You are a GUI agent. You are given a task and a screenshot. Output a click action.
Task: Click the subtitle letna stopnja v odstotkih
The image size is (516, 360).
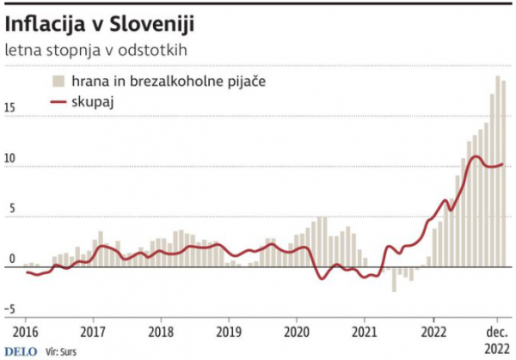coord(95,51)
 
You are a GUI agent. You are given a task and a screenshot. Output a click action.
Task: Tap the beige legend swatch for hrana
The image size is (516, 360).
coord(58,81)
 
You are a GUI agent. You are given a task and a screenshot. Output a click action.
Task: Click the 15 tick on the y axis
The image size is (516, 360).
coord(10,109)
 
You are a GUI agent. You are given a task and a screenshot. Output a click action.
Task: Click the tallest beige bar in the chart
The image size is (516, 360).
coord(498,172)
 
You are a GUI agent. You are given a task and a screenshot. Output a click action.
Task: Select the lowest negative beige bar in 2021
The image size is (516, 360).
coord(395,279)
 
